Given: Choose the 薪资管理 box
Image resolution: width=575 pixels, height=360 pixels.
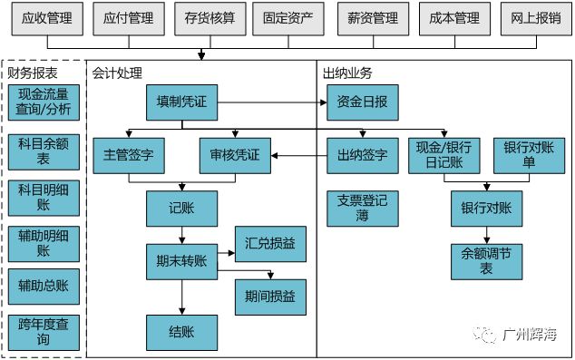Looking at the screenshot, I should point(373,17).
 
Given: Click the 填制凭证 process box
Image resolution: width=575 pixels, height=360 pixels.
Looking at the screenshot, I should point(182,102).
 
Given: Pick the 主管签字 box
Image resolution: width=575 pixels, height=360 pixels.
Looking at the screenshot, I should point(129,155).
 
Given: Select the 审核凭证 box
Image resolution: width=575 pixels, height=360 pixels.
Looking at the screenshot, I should point(235,155).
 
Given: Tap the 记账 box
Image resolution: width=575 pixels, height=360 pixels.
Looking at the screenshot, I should point(182,209).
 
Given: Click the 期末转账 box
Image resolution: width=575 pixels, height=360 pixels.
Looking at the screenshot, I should point(182,261).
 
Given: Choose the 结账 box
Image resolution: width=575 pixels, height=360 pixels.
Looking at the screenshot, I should point(182,331).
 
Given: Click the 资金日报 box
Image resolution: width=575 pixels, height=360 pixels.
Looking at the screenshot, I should point(362,102).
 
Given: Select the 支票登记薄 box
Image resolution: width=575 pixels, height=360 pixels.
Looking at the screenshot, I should point(362,208).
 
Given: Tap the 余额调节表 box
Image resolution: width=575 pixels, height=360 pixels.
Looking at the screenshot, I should point(486,261).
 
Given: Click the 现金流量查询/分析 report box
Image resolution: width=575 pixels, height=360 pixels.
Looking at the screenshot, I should point(44,102).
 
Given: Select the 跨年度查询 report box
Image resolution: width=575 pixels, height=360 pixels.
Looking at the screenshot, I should point(44,332).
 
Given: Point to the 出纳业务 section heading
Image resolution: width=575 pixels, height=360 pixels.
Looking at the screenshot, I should point(347,73).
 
